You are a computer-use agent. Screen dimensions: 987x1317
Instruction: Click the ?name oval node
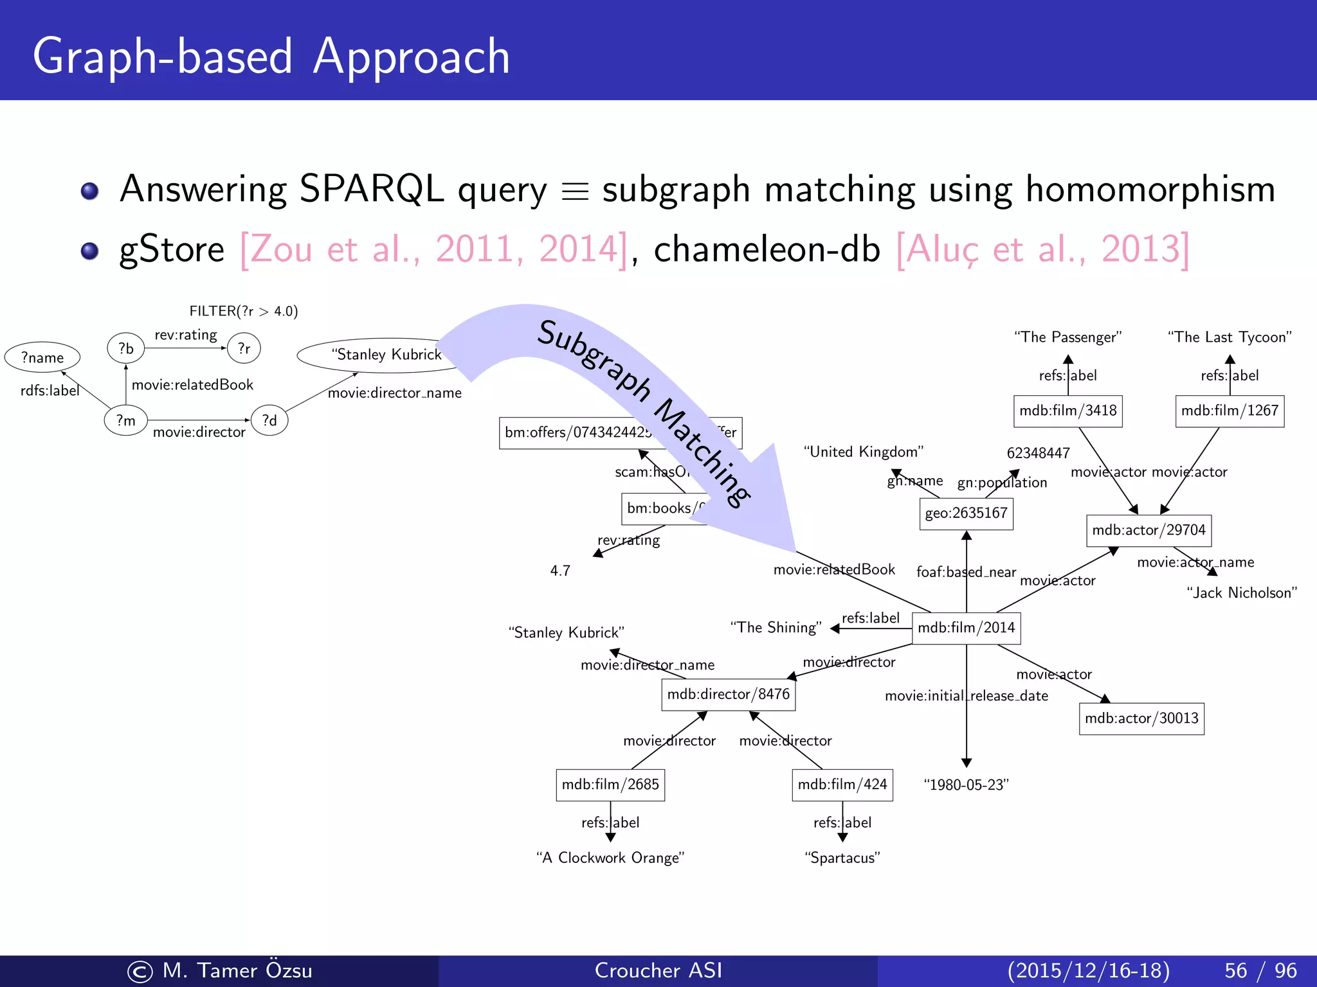coord(42,357)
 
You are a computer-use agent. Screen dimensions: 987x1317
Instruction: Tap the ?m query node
coord(126,420)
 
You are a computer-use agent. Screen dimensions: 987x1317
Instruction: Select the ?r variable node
coord(244,348)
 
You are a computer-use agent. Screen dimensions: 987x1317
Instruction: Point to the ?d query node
coord(269,420)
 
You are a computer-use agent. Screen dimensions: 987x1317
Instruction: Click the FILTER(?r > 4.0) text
coord(244,311)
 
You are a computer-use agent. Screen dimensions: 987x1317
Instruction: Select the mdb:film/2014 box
coord(966,628)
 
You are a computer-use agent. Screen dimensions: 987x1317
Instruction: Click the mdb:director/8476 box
coord(728,695)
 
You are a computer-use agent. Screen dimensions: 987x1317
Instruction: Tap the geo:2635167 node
coord(966,513)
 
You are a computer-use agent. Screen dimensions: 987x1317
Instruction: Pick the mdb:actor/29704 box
coord(1149,530)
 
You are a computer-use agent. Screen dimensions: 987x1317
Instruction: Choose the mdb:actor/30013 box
coord(1141,718)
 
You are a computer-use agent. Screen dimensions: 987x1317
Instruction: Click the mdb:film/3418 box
coord(1067,411)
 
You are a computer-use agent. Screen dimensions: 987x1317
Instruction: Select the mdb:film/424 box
coord(842,785)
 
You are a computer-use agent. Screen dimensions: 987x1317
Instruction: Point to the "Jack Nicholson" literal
coord(1241,593)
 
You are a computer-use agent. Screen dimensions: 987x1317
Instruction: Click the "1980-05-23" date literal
coord(966,785)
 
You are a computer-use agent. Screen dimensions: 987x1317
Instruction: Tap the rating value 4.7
coord(560,571)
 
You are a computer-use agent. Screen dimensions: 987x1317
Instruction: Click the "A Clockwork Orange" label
coord(610,858)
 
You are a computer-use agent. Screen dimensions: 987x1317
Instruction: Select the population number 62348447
coord(1038,453)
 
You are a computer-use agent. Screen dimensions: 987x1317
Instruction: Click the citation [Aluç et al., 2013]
coord(1042,249)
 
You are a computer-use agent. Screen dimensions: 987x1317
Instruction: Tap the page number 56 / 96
coord(1260,970)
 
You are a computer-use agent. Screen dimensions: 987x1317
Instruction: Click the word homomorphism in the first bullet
coord(1150,190)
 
